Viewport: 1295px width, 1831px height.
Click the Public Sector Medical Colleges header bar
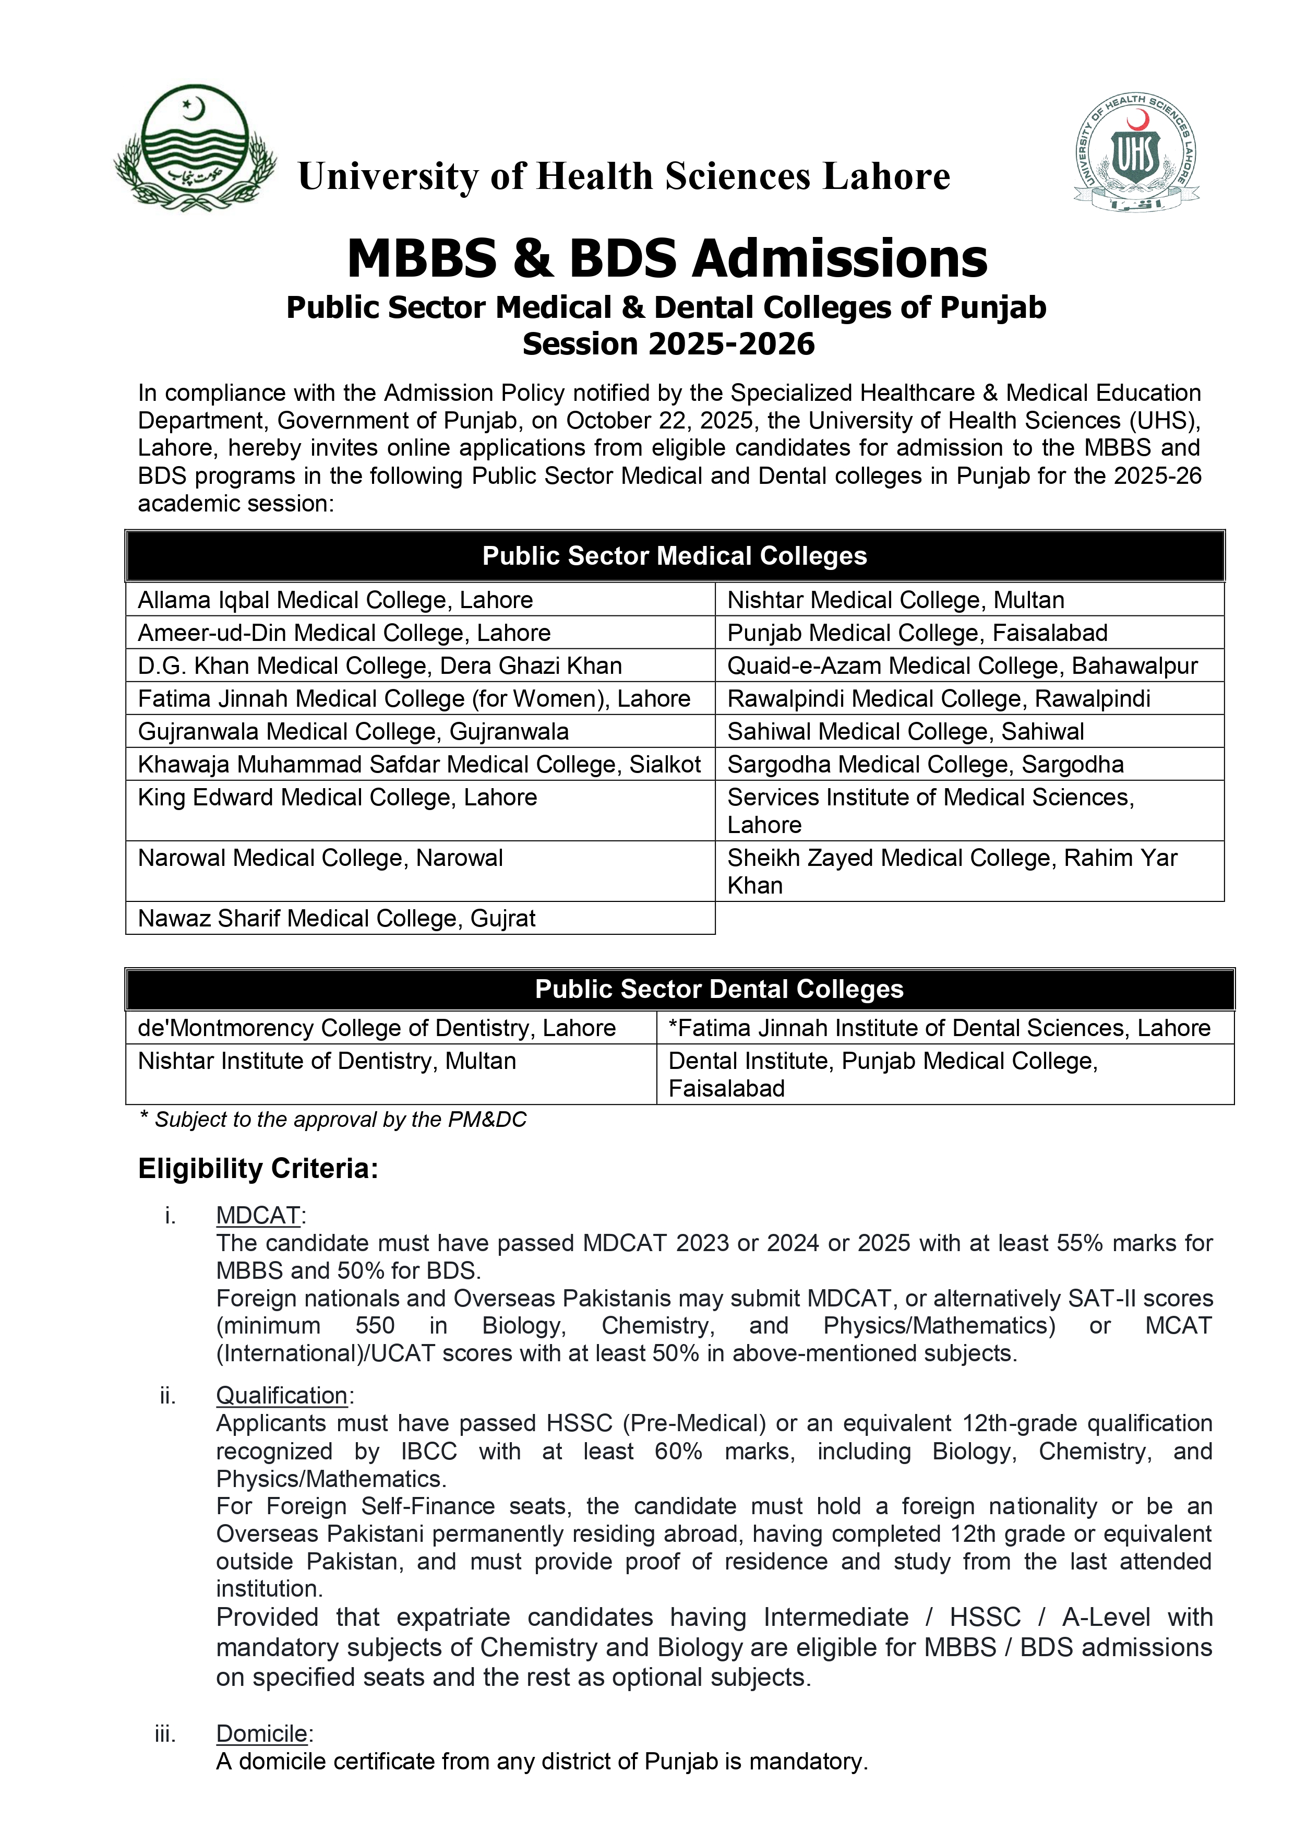(675, 556)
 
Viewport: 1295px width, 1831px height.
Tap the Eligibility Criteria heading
(258, 1168)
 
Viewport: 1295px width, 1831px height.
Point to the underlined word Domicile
(261, 1734)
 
